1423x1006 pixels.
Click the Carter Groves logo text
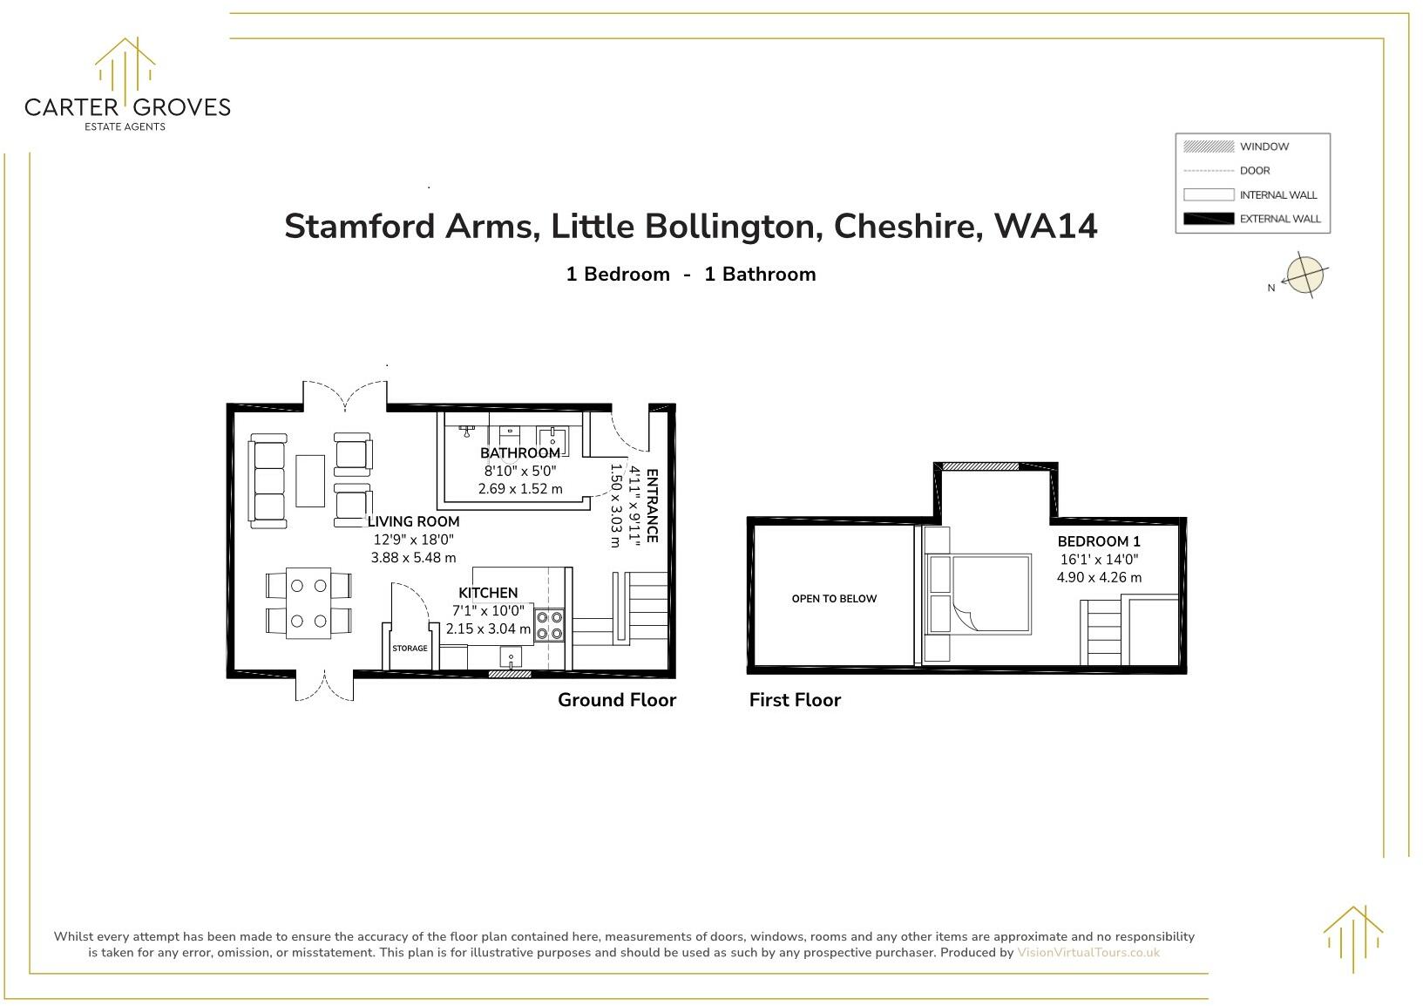click(x=127, y=107)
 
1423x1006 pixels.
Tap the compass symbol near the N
click(x=1304, y=275)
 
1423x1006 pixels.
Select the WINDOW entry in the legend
click(x=1263, y=146)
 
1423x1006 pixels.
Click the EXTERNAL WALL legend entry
click(x=1279, y=219)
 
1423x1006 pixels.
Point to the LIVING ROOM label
click(x=413, y=521)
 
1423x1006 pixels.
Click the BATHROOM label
click(x=520, y=453)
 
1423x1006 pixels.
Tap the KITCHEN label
click(x=488, y=593)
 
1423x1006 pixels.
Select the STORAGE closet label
click(x=410, y=649)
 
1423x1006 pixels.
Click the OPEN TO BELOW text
click(x=834, y=599)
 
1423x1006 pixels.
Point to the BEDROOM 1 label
click(x=1098, y=541)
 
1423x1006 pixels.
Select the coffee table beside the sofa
click(x=310, y=480)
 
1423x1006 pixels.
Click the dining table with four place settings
click(x=308, y=603)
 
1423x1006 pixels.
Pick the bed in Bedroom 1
click(x=990, y=594)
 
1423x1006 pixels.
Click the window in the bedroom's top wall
click(x=979, y=466)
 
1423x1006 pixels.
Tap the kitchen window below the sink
click(x=510, y=674)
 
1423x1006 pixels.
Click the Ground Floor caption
click(x=616, y=700)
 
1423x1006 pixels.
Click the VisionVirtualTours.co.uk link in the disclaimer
click(x=1088, y=953)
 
